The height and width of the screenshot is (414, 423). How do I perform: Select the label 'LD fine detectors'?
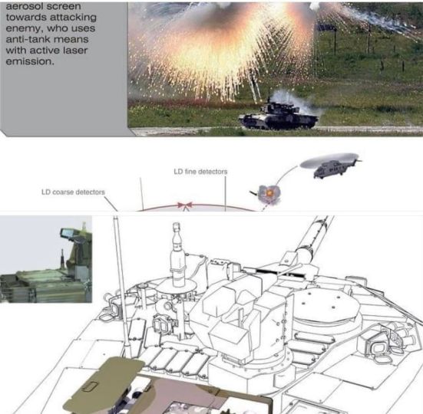(x=200, y=172)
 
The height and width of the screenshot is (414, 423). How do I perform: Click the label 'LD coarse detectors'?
(x=73, y=192)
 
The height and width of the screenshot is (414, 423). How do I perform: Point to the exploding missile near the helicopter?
(x=269, y=193)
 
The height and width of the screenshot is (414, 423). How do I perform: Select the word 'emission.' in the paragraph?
(x=30, y=61)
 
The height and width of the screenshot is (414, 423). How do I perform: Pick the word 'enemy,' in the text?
(x=25, y=28)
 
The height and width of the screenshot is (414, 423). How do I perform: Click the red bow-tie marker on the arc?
(x=185, y=205)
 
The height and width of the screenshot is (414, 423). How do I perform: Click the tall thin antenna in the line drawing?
(x=122, y=285)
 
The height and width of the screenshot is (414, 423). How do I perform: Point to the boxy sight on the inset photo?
(x=69, y=232)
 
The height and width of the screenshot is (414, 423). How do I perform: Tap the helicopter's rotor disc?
(x=329, y=160)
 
